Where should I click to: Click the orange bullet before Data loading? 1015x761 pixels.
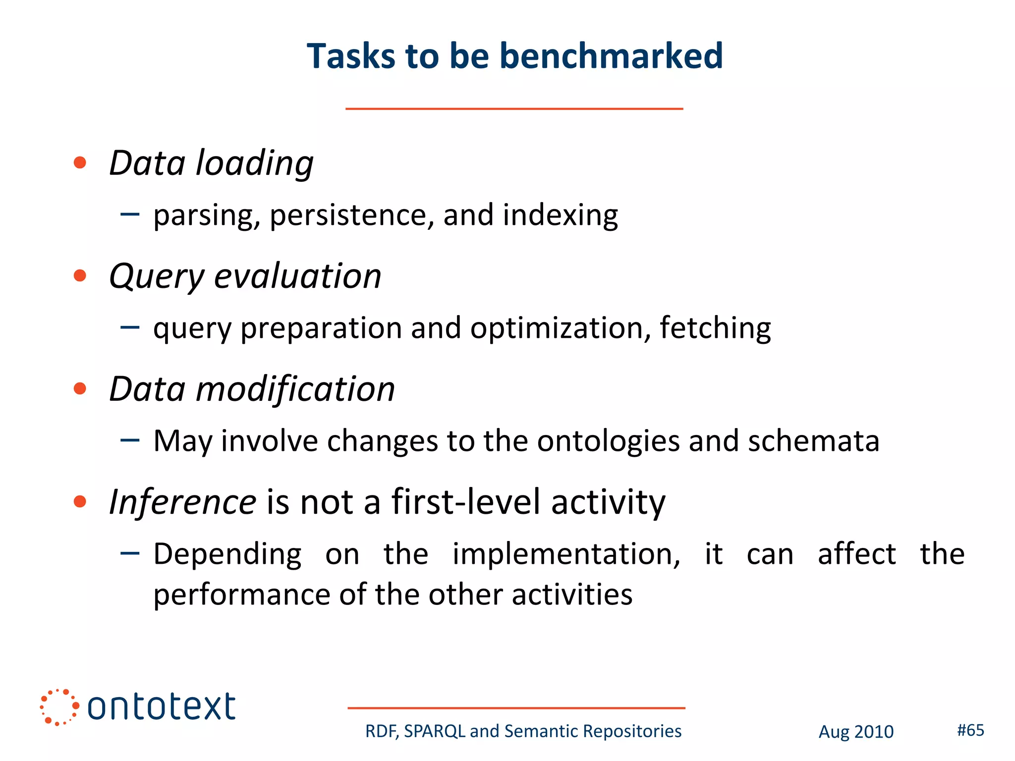(80, 163)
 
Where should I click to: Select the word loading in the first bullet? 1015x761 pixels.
(255, 163)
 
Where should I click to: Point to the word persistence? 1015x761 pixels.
(352, 216)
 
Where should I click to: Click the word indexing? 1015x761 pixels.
(560, 216)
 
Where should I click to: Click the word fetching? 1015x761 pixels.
(715, 328)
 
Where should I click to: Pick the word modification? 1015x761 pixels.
(295, 389)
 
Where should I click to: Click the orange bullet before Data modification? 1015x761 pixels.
(80, 388)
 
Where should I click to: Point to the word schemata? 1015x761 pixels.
(813, 441)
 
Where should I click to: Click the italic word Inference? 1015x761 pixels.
(182, 502)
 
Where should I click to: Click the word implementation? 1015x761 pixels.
(566, 554)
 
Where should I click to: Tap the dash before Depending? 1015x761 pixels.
(130, 553)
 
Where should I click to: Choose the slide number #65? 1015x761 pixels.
(970, 730)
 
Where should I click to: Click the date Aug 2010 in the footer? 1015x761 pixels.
(856, 732)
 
